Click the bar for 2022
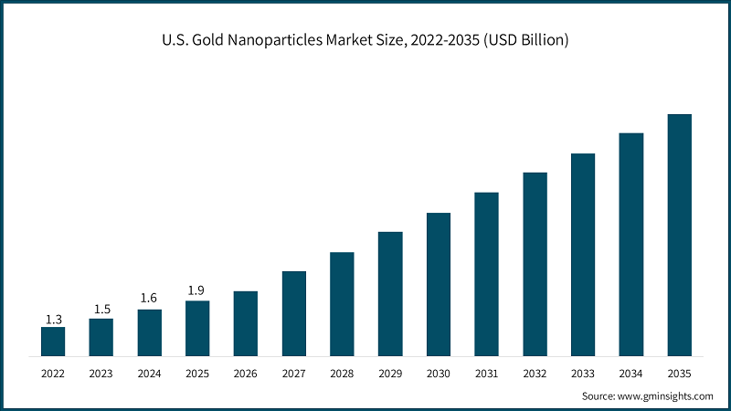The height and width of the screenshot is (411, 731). [x=53, y=342]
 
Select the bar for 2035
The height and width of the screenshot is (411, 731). [x=679, y=235]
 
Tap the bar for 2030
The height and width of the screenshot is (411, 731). [x=439, y=284]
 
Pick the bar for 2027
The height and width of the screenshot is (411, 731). [x=294, y=313]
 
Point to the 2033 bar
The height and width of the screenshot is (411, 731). [x=583, y=255]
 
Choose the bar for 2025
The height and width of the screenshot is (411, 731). [x=197, y=328]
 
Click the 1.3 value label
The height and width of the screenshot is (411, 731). [x=53, y=319]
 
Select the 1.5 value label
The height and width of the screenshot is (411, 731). [x=101, y=310]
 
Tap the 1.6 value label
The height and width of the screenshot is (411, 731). [x=150, y=298]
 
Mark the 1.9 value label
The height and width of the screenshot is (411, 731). [x=197, y=290]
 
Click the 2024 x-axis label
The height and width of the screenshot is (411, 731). [x=150, y=374]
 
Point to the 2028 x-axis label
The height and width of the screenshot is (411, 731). [x=342, y=374]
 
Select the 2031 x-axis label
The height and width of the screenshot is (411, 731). [x=486, y=374]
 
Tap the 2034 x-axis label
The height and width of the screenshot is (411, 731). [x=631, y=374]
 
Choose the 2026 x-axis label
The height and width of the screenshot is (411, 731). [x=246, y=374]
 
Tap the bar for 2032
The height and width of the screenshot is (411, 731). [x=535, y=264]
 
